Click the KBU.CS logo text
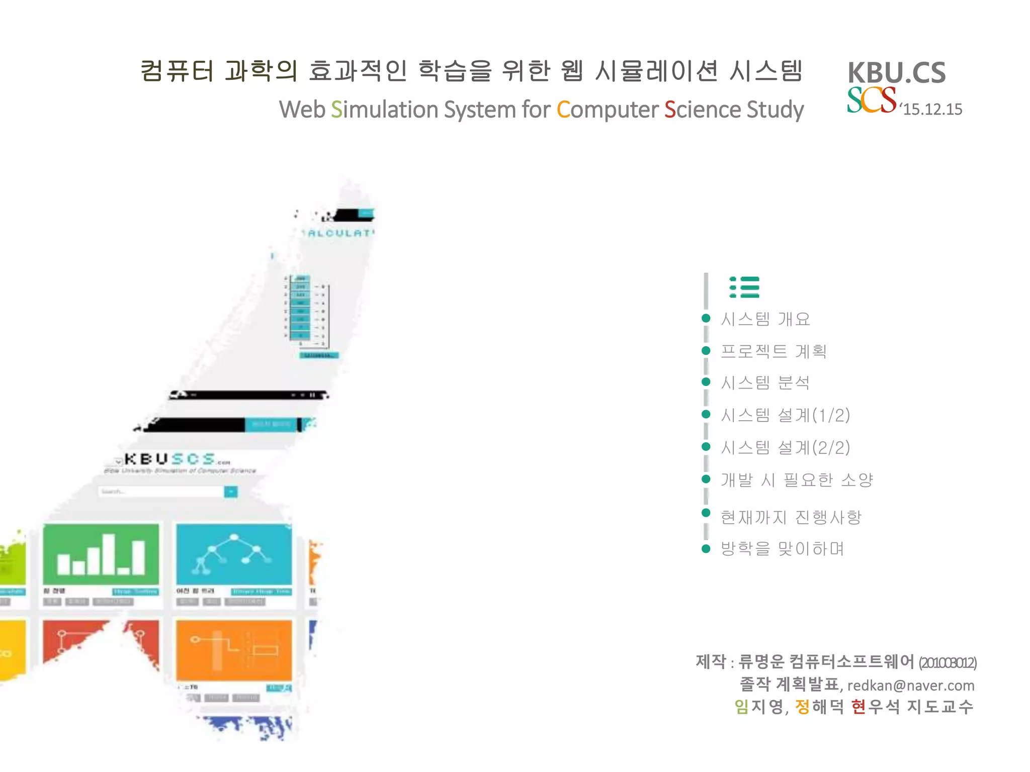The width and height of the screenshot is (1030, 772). point(896,73)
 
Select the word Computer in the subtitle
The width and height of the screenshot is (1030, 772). point(607,110)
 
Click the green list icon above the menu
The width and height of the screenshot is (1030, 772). point(744,287)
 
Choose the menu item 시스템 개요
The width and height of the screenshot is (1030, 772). point(765,319)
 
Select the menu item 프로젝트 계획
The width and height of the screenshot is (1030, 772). point(774,351)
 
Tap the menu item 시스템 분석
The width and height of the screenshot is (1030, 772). point(765,383)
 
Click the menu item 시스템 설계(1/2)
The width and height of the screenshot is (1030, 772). point(785,415)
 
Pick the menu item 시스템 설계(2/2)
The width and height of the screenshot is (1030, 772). point(785,447)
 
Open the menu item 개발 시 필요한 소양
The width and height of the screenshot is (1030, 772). point(797,480)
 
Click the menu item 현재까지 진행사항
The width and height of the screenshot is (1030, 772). point(791,517)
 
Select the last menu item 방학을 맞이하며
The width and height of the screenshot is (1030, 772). point(782,548)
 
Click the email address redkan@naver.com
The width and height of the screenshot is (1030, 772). point(910,686)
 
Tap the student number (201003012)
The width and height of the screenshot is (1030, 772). point(948,663)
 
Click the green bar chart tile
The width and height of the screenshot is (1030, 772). point(101,554)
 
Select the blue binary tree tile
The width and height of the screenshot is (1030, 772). point(234,554)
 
